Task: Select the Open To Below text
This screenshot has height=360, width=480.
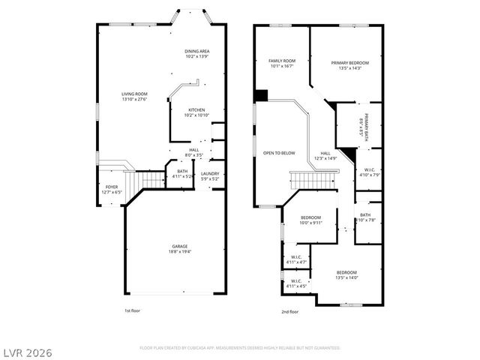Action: click(x=279, y=153)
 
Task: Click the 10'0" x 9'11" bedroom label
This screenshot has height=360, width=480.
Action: click(x=310, y=220)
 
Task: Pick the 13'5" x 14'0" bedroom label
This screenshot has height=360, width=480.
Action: click(x=346, y=274)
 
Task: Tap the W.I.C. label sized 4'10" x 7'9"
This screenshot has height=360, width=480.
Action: click(x=370, y=172)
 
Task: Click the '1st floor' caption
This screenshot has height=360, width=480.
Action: click(x=133, y=310)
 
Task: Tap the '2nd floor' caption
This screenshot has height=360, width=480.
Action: click(x=289, y=310)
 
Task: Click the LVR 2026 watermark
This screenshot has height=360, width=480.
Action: click(x=27, y=352)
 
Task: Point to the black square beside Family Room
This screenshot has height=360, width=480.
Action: click(x=261, y=95)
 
